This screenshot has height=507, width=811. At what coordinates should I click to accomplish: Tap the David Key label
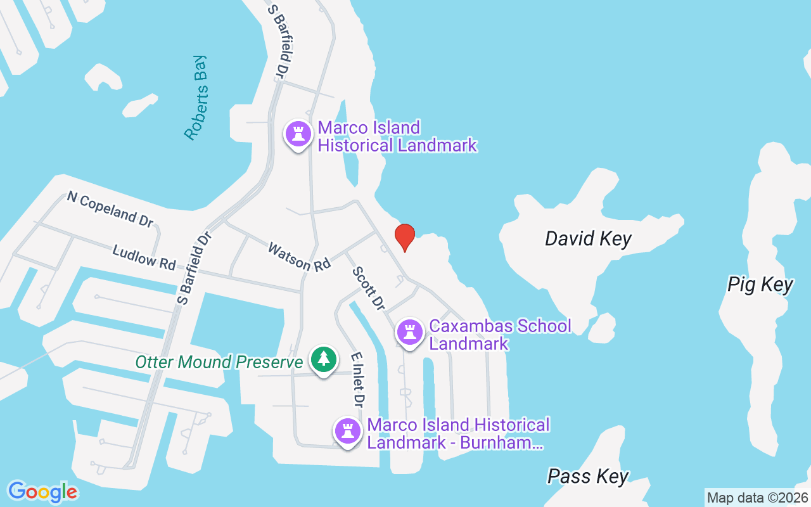pyautogui.click(x=588, y=239)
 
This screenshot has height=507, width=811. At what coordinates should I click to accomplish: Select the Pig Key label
pyautogui.click(x=760, y=285)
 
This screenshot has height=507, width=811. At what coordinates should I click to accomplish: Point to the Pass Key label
pyautogui.click(x=588, y=476)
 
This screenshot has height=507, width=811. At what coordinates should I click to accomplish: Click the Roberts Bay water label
pyautogui.click(x=196, y=98)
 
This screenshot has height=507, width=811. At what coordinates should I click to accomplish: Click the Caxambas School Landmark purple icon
pyautogui.click(x=410, y=331)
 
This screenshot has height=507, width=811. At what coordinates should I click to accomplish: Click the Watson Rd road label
pyautogui.click(x=299, y=257)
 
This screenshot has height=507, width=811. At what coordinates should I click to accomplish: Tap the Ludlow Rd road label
pyautogui.click(x=144, y=257)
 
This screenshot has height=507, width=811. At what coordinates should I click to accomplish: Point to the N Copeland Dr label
pyautogui.click(x=110, y=208)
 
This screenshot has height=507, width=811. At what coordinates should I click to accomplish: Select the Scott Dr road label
pyautogui.click(x=369, y=288)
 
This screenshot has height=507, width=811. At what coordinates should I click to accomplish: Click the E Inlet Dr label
pyautogui.click(x=358, y=380)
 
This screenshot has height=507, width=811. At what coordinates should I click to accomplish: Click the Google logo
pyautogui.click(x=42, y=492)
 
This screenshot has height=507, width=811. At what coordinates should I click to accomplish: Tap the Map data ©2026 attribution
pyautogui.click(x=757, y=497)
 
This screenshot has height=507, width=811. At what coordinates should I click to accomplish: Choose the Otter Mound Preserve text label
pyautogui.click(x=219, y=362)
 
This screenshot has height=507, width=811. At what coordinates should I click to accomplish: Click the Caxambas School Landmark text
pyautogui.click(x=499, y=335)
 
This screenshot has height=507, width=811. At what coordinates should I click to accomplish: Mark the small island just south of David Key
pyautogui.click(x=602, y=328)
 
